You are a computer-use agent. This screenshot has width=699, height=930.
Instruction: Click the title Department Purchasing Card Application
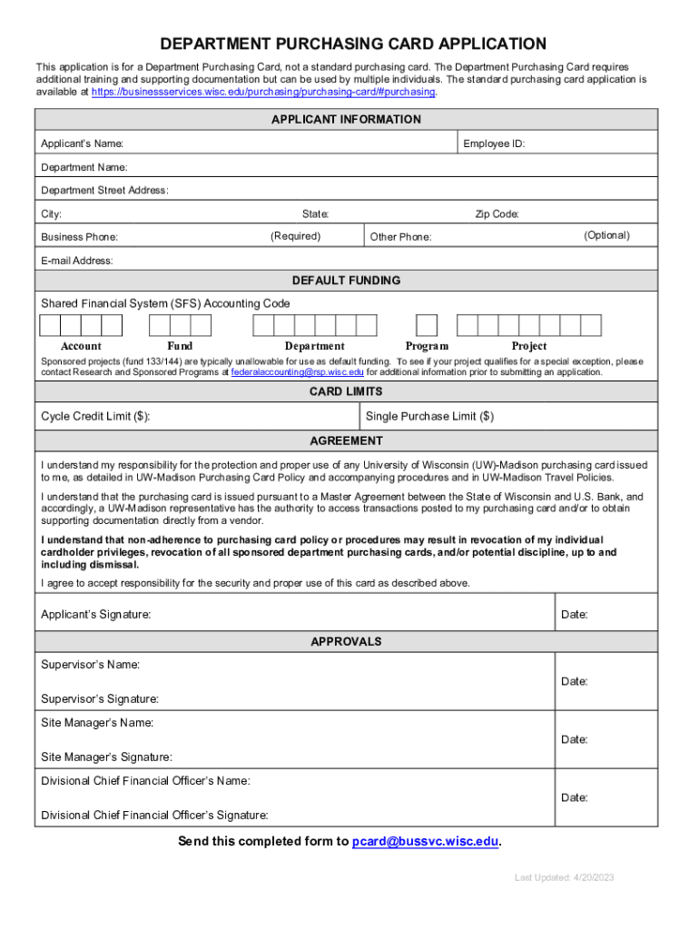point(353,44)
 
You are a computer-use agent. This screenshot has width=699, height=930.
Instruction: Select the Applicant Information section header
point(346,120)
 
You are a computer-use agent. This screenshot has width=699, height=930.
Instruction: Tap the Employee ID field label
point(494,143)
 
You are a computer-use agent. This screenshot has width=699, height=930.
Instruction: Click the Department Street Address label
point(104,191)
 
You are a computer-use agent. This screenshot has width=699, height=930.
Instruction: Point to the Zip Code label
point(497,214)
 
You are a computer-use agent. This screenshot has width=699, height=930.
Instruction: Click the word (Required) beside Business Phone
point(295,236)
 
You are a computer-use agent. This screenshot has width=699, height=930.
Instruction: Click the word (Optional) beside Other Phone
point(606,235)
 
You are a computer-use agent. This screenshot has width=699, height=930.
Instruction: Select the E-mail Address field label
point(77,261)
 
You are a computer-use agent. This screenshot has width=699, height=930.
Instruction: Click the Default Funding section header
point(346,281)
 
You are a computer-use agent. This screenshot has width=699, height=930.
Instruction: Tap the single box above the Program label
point(426,325)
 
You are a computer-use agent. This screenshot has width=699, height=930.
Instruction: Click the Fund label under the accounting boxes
point(180,346)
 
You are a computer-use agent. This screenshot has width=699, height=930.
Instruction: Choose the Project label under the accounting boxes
point(529,346)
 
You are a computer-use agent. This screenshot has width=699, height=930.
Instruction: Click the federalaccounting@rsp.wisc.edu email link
point(297,372)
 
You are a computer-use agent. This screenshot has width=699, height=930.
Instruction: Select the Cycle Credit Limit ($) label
point(95,417)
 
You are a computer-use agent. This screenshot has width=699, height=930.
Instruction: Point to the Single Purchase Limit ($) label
point(429,417)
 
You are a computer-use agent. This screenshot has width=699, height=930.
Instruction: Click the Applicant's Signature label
point(96,615)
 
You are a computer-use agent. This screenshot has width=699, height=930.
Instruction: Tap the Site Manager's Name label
point(97,723)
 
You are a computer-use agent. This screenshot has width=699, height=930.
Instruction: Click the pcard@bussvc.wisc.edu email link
point(425,842)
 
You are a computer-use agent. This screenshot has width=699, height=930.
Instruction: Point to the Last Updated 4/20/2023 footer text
point(565,878)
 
